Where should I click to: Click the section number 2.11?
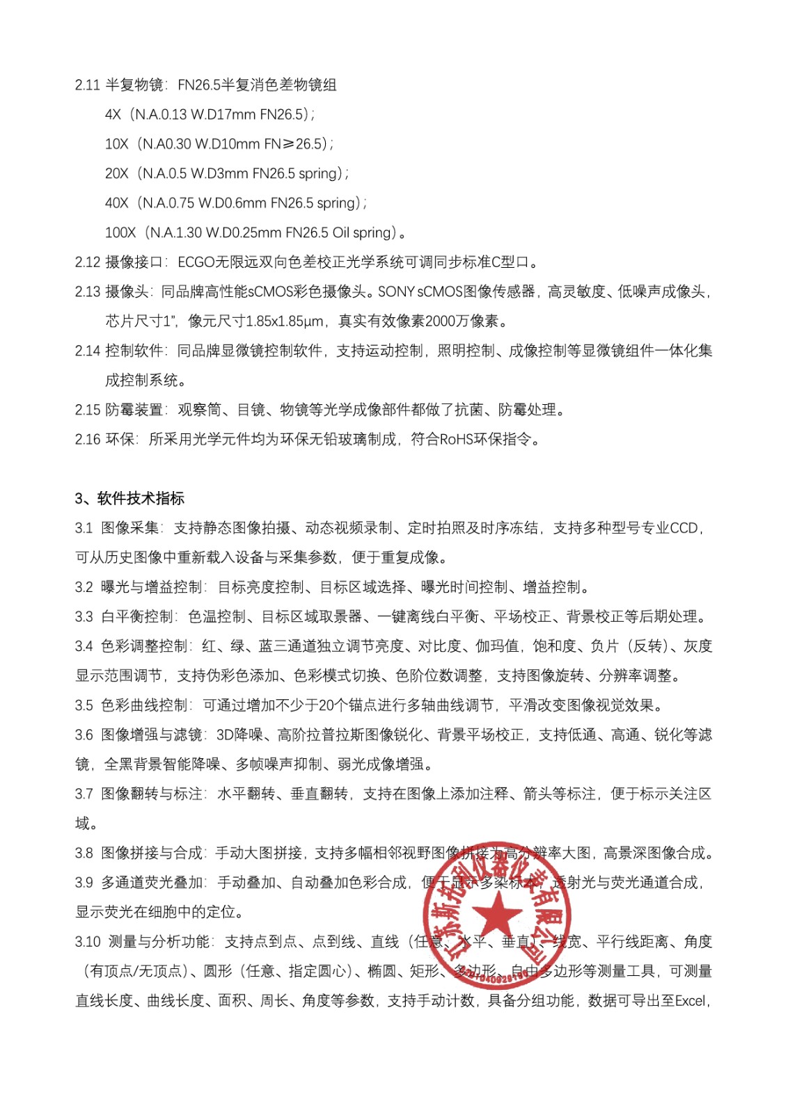88,85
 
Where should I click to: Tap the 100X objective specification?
255,232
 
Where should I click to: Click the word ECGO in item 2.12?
197,262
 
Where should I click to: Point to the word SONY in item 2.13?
396,291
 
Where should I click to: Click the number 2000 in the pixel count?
440,321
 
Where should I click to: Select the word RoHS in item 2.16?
457,439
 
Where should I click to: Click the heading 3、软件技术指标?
129,498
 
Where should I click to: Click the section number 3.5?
84,705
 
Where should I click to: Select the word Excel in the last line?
690,1001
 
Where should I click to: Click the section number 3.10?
88,942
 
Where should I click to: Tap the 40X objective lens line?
235,203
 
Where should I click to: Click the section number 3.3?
84,616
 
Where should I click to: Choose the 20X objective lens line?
226,173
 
